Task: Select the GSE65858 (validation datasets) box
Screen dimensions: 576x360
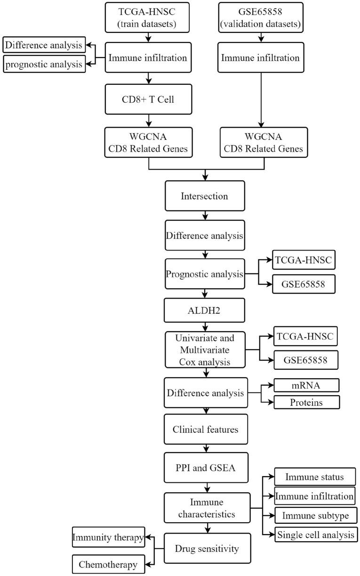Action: tap(261, 17)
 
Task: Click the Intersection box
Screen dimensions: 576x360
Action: tap(205, 195)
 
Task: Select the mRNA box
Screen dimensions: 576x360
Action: tap(306, 385)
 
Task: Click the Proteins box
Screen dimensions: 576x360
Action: tap(306, 402)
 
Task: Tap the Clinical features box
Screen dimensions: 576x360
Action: tap(205, 430)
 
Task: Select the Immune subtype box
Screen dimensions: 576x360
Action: tap(315, 515)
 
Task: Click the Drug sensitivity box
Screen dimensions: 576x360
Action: tap(205, 548)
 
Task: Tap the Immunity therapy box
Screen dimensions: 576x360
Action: tap(108, 537)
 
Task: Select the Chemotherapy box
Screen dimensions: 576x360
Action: tap(108, 564)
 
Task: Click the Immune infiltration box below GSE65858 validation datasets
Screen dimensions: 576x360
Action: tap(261, 58)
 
